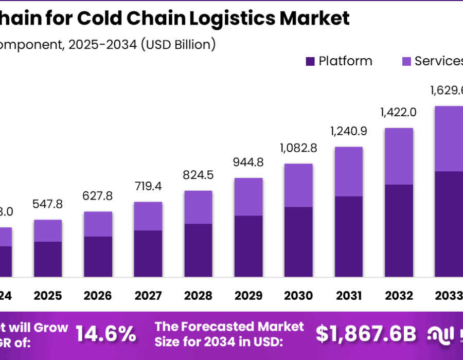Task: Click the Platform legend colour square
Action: click(310, 62)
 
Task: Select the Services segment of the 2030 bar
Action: click(298, 185)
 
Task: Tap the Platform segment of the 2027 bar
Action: click(148, 254)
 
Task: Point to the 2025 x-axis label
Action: click(48, 296)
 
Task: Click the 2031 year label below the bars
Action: click(349, 296)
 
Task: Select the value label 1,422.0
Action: click(398, 113)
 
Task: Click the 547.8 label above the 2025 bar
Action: click(47, 204)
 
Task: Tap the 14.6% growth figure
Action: click(106, 334)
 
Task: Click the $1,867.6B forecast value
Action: click(366, 334)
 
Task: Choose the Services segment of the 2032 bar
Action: click(399, 156)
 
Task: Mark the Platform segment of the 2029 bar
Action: click(248, 246)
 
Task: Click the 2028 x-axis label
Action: click(198, 296)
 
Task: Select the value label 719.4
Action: click(148, 187)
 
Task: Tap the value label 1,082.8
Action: click(298, 149)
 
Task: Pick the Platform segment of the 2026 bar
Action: click(98, 257)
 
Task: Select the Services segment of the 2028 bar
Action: click(198, 207)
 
